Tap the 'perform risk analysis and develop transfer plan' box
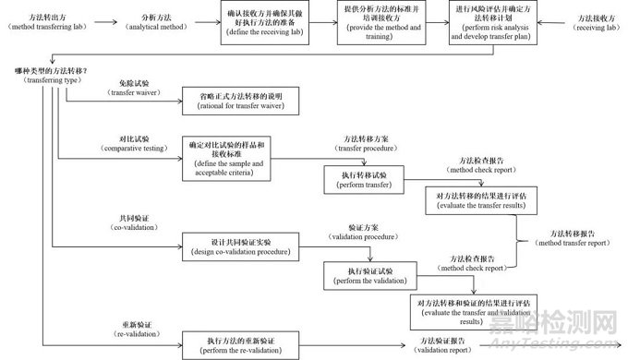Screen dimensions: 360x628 490,23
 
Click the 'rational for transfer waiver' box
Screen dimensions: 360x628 241,102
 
